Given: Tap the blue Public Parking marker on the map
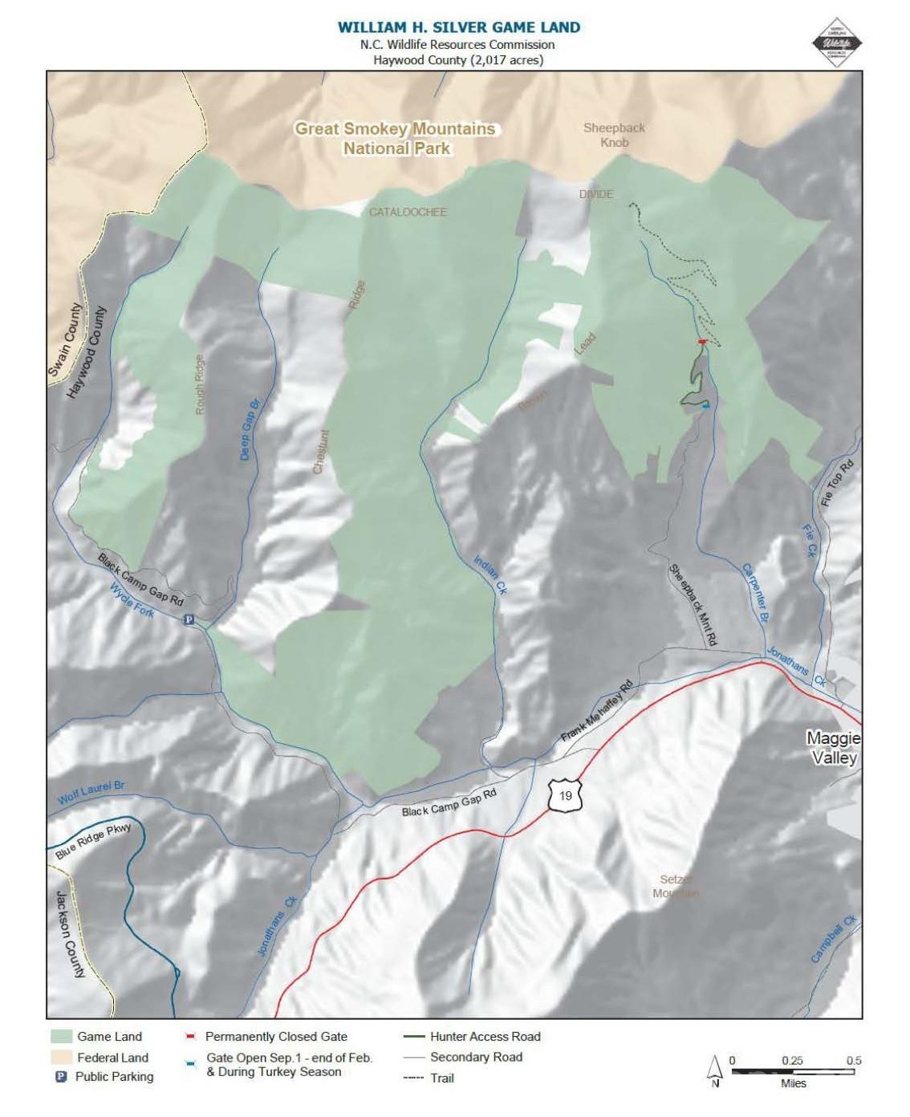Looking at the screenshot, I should point(189,619).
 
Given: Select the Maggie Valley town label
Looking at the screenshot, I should point(833,748).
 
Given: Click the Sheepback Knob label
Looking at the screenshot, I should point(614,135).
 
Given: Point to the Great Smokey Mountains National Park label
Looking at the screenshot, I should point(396,138).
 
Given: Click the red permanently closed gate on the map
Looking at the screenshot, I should point(702,342).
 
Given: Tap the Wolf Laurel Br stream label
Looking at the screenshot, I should point(91,794).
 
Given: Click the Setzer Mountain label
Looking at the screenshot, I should point(676,887).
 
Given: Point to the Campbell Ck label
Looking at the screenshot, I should point(834,939).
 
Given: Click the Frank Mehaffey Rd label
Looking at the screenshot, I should point(597,712).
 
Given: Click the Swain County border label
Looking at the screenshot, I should point(65,340).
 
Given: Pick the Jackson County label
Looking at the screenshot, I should point(68,934).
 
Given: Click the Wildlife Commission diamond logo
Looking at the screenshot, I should point(837,43).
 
